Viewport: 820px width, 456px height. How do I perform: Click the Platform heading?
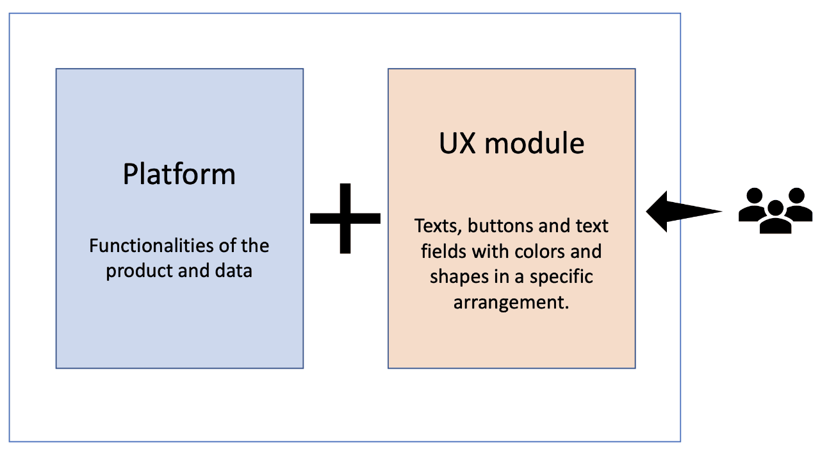(179, 174)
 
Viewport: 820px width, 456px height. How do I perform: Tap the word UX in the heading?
(457, 143)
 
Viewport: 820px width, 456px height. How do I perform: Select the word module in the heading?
(534, 143)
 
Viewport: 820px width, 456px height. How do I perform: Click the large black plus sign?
(345, 218)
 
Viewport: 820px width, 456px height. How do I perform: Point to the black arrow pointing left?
(682, 211)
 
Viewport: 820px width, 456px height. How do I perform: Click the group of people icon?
(775, 210)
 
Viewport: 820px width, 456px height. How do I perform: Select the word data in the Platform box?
(234, 271)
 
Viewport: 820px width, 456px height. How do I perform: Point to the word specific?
(561, 276)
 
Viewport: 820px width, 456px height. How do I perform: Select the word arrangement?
(511, 302)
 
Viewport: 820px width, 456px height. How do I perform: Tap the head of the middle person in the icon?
(775, 208)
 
